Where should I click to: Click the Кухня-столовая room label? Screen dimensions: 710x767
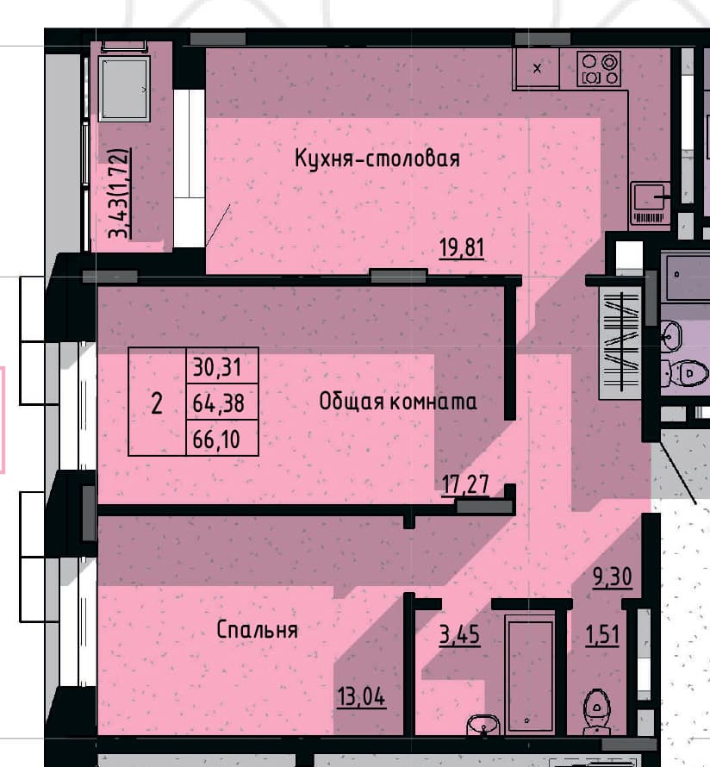tap(377, 159)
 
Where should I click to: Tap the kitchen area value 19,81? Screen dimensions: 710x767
tap(462, 247)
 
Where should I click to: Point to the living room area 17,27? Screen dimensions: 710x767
tap(465, 484)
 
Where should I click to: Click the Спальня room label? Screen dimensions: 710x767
tap(258, 630)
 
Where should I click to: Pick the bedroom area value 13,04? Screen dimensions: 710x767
tap(361, 696)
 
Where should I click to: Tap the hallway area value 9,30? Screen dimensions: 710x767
tap(613, 577)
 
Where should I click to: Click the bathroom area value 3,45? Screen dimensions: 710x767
tap(459, 635)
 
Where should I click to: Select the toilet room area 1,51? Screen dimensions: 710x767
tap(602, 635)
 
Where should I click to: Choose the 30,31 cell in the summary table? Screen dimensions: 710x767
tap(222, 366)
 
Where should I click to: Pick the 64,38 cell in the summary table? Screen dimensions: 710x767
tap(222, 402)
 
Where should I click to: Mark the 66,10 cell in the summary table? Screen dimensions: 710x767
tap(222, 439)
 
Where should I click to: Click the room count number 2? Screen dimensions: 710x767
tap(157, 404)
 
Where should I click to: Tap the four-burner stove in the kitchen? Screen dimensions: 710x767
tap(599, 69)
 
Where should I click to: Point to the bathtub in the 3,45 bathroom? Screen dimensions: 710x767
tap(529, 674)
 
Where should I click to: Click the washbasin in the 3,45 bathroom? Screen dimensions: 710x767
tap(483, 725)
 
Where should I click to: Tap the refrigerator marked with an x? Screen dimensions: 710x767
tap(537, 68)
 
